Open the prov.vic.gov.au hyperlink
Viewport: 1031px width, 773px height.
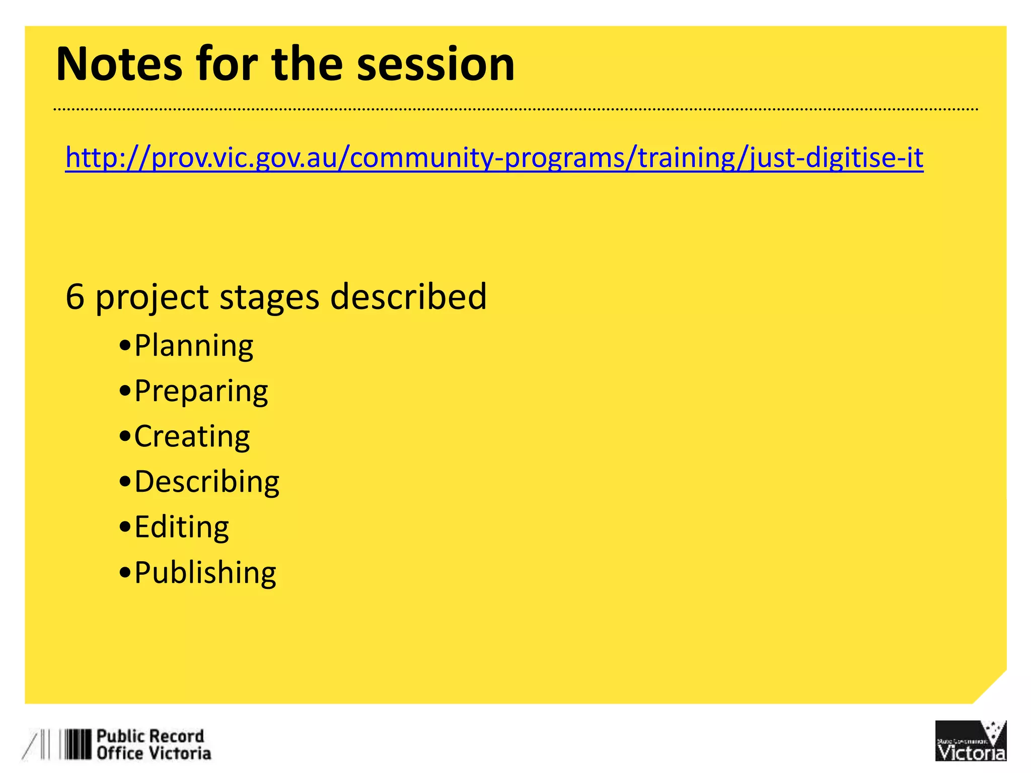click(494, 158)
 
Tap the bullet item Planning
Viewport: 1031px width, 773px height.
click(193, 346)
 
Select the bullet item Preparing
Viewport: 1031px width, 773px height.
click(201, 392)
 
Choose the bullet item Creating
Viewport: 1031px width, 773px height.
click(192, 436)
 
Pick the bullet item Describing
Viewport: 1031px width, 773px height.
click(206, 482)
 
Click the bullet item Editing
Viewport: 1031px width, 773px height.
click(181, 527)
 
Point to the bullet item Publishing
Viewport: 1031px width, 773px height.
click(205, 573)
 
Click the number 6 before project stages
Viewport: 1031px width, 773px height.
click(75, 296)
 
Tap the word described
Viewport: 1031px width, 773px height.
click(408, 296)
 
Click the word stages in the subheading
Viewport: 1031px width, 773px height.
click(269, 296)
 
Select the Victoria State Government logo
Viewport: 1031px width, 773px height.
click(970, 741)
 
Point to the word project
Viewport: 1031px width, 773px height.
click(152, 296)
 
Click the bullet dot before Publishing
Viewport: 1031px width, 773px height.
click(125, 573)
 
